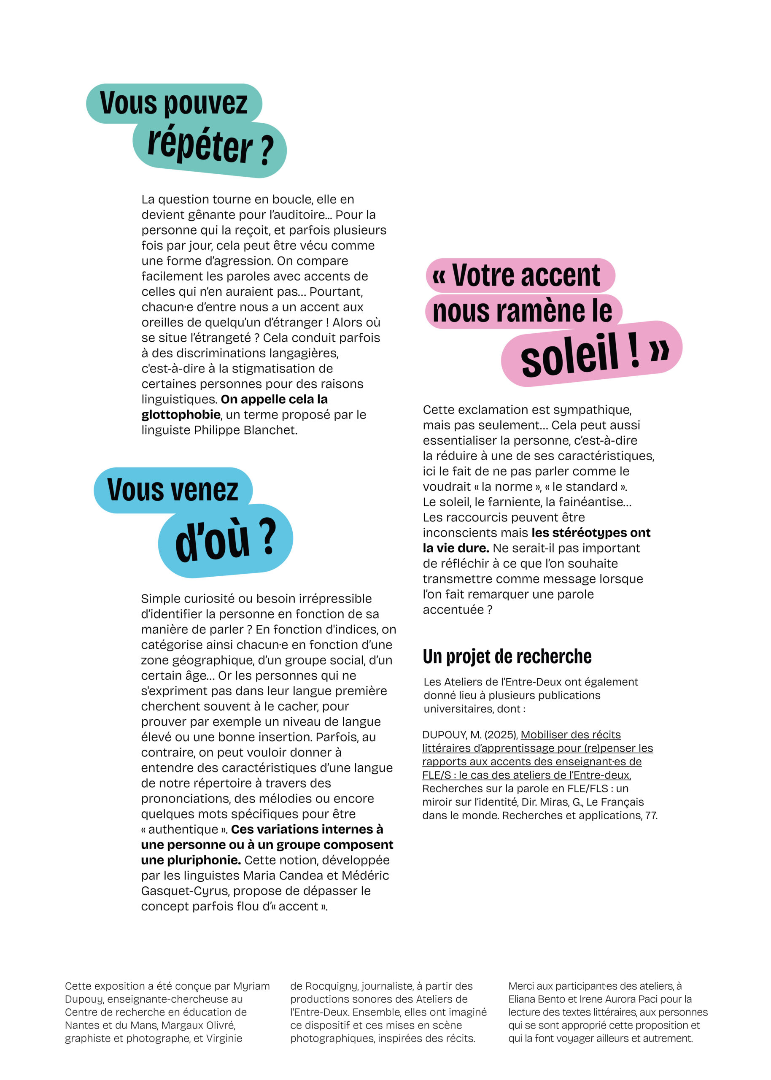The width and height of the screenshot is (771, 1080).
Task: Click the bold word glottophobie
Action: tap(181, 415)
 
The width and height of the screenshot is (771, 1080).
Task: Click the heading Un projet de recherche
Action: tap(507, 656)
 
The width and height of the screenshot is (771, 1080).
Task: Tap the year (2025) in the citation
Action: tap(500, 735)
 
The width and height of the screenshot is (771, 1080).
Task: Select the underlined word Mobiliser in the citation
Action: tap(544, 735)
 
